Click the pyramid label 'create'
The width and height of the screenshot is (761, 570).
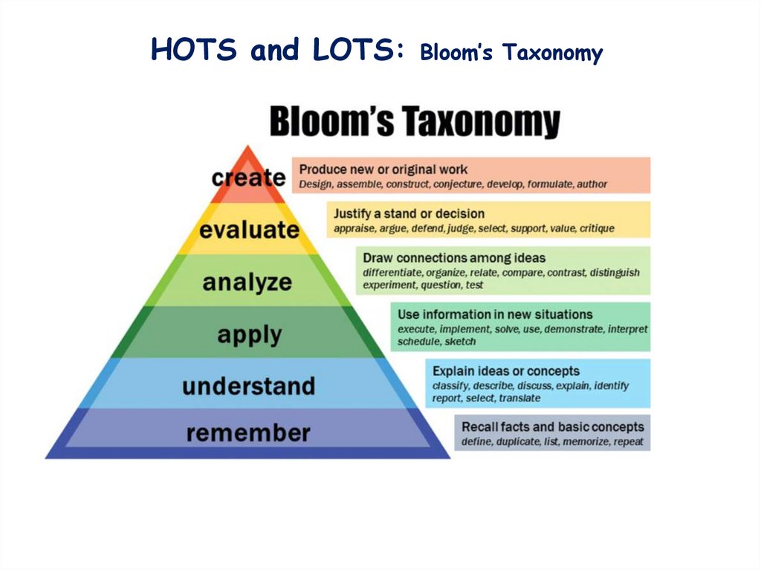click(248, 178)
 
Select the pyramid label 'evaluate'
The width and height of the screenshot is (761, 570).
click(249, 230)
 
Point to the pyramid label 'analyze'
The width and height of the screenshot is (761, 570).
click(247, 282)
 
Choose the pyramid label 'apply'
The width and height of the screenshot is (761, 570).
click(250, 334)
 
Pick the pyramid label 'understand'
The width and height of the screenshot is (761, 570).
click(248, 386)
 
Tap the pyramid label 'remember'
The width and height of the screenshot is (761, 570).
click(248, 433)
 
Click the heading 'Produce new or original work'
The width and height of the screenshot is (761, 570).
click(383, 169)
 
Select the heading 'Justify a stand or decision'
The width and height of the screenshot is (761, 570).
click(409, 214)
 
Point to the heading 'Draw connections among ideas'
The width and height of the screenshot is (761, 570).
click(454, 258)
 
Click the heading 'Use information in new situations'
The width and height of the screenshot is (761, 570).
click(495, 314)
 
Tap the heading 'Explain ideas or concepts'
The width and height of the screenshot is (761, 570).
click(506, 371)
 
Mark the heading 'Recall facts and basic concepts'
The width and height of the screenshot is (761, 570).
click(552, 427)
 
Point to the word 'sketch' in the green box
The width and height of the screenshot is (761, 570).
click(460, 342)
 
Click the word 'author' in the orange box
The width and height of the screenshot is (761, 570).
click(591, 184)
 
